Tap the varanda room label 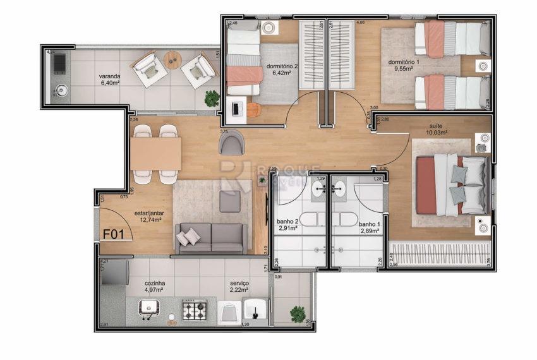click(109, 78)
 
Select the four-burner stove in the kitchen click(195, 310)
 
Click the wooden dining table click(155, 153)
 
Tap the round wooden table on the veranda click(172, 60)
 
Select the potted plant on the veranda click(212, 98)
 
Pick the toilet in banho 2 click(310, 219)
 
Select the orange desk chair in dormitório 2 click(253, 109)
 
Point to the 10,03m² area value click(437, 133)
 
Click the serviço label click(239, 284)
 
